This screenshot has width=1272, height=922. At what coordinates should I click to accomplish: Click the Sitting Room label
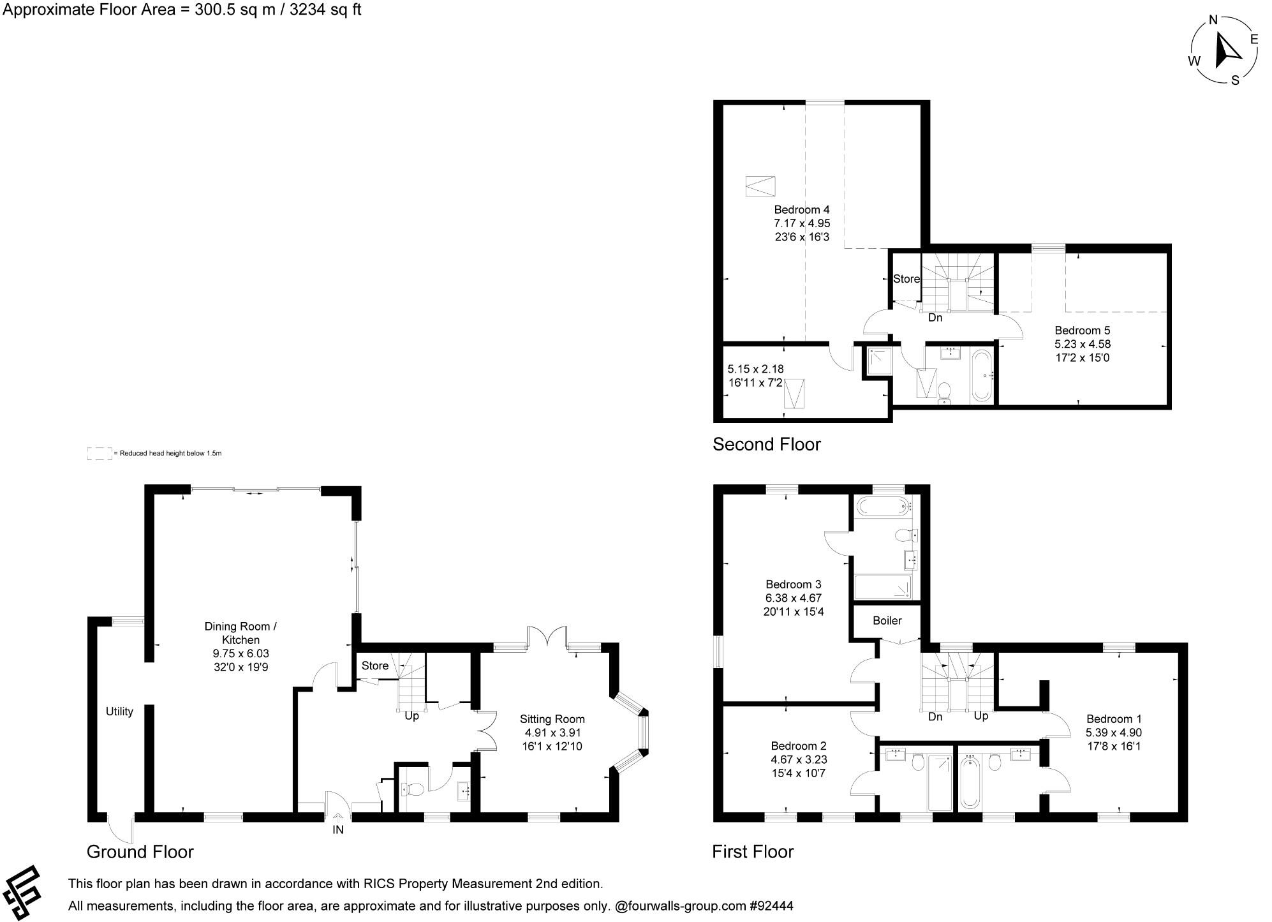(552, 719)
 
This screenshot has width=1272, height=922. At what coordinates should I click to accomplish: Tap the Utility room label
(119, 711)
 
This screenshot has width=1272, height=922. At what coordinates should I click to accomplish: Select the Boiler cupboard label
(887, 620)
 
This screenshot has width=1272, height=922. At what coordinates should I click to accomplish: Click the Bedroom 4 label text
(801, 209)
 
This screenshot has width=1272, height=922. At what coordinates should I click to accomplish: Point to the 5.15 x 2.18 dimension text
(755, 369)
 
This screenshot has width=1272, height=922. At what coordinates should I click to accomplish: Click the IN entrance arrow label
(337, 829)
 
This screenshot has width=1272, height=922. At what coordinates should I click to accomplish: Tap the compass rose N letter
(1213, 20)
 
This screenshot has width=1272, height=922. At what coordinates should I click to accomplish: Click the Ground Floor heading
(140, 852)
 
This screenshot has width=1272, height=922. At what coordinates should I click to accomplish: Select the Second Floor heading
(766, 444)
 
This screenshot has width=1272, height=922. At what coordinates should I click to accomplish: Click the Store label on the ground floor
(374, 665)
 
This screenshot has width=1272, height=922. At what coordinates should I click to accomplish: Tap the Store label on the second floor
(906, 279)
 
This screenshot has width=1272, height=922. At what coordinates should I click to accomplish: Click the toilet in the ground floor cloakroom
(413, 790)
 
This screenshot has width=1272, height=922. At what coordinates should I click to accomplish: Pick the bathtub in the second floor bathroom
(981, 375)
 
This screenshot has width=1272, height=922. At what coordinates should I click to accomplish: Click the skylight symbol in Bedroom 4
(760, 186)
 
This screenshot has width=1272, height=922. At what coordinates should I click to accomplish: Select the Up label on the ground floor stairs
(411, 716)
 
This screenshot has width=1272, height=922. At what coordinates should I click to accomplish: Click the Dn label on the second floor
(935, 317)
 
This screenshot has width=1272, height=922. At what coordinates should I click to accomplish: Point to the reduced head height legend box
(99, 454)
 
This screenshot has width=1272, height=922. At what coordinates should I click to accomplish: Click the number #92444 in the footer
(771, 905)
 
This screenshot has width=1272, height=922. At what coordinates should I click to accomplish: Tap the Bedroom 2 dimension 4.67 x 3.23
(798, 759)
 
